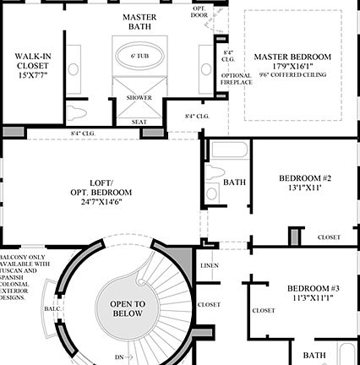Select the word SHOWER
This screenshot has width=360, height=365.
tap(139, 97)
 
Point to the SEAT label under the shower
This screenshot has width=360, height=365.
tap(139, 122)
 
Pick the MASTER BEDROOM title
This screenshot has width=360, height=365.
tap(292, 57)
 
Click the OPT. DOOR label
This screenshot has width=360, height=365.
tap(199, 11)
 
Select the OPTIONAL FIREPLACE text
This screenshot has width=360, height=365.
tap(236, 79)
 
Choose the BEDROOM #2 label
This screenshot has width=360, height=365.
tap(304, 178)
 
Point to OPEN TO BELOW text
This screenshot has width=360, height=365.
tap(128, 308)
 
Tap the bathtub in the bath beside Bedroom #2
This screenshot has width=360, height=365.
tap(226, 154)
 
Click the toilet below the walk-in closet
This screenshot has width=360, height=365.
tap(79, 113)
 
